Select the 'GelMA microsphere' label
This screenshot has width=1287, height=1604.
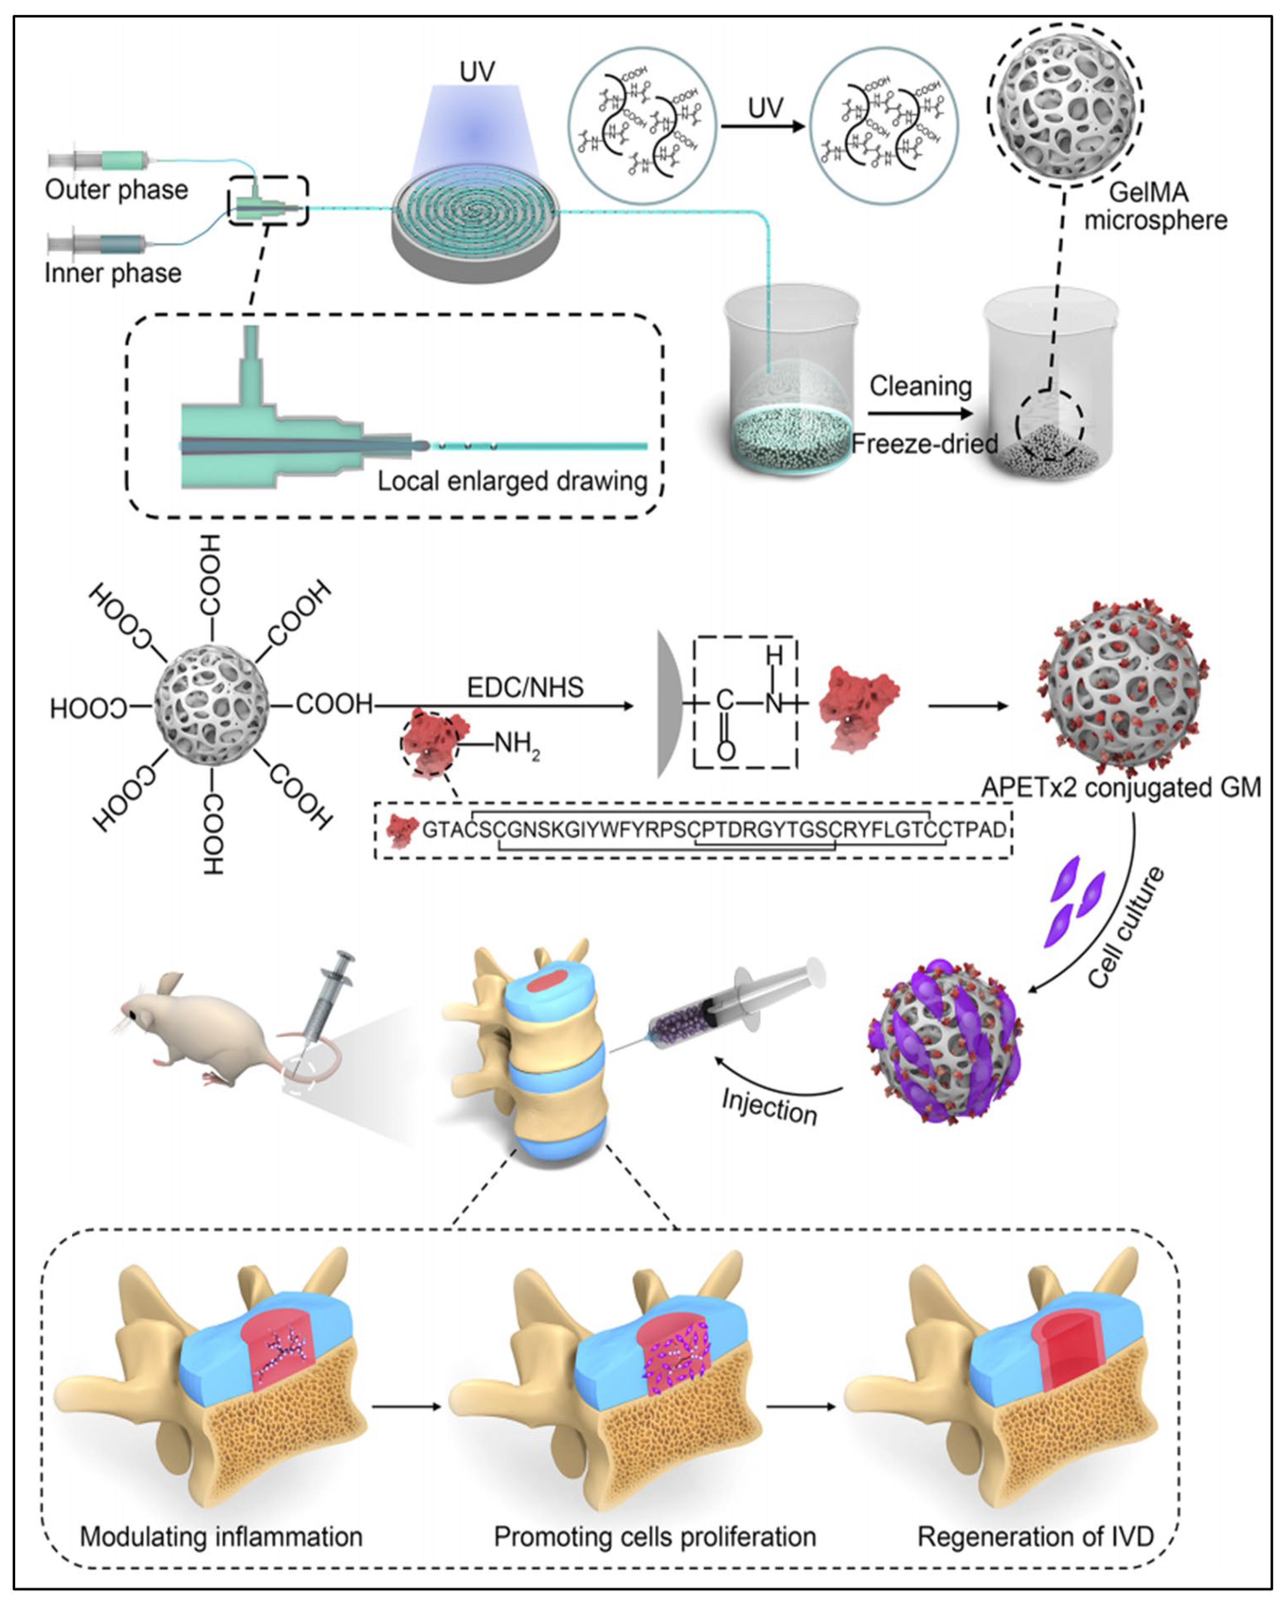point(1155,206)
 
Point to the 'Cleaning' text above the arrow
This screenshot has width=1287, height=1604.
point(920,386)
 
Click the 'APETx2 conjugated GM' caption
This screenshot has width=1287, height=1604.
point(1121,787)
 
